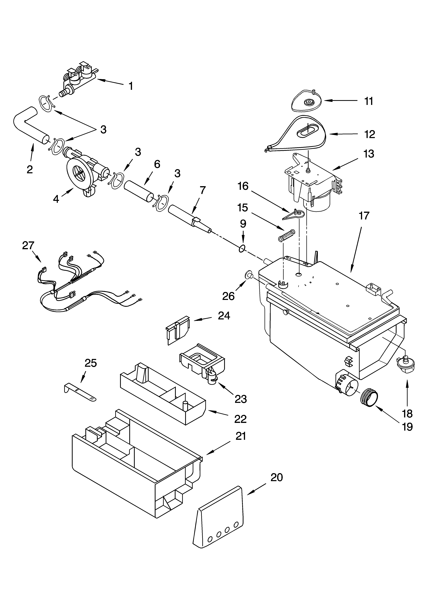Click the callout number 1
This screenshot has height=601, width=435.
[x=131, y=86]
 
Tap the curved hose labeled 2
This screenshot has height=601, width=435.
[x=29, y=125]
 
